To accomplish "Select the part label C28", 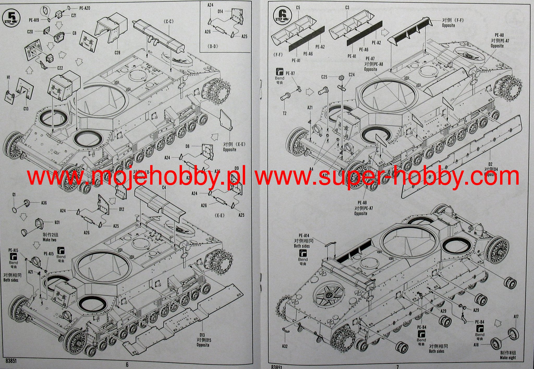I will [117, 53].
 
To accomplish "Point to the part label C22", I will [60, 68].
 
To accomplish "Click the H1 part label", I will [9, 77].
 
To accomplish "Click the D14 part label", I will [220, 11].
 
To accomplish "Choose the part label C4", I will [164, 187].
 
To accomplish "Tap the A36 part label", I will [44, 203].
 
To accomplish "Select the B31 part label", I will [57, 222].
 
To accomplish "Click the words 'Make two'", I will [50, 240].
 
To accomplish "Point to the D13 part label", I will [202, 335].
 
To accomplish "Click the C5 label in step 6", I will [298, 8].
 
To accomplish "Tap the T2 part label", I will [284, 113].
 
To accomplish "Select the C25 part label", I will [324, 77].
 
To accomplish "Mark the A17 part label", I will [516, 317].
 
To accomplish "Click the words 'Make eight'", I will [508, 358].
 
